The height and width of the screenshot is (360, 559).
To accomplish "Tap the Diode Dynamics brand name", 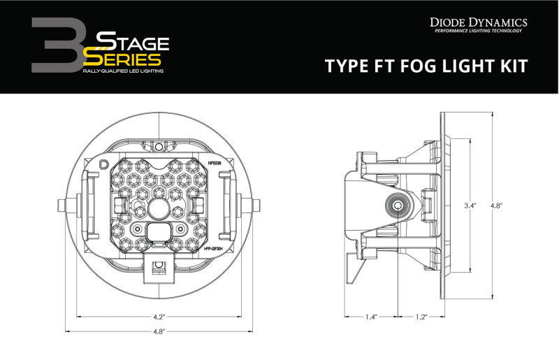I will [x=477, y=22].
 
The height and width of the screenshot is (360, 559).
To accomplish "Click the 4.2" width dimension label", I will [x=160, y=316].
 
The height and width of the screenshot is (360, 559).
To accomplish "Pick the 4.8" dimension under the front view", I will [x=160, y=331].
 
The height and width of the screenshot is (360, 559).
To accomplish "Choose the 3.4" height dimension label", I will [x=470, y=206].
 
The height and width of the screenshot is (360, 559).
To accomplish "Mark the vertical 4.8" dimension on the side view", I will [x=496, y=206].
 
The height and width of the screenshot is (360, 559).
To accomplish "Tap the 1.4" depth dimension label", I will [x=371, y=317].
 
